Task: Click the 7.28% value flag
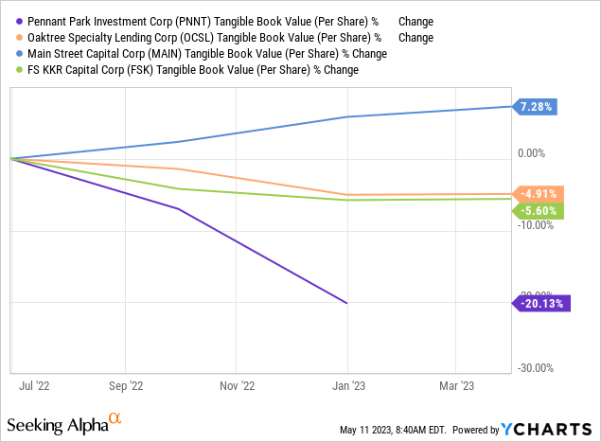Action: pos(538,107)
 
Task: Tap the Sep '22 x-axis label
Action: pos(125,386)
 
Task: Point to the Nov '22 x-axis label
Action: pos(237,386)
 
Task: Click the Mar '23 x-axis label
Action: pos(456,386)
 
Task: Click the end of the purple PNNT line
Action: pos(347,303)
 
